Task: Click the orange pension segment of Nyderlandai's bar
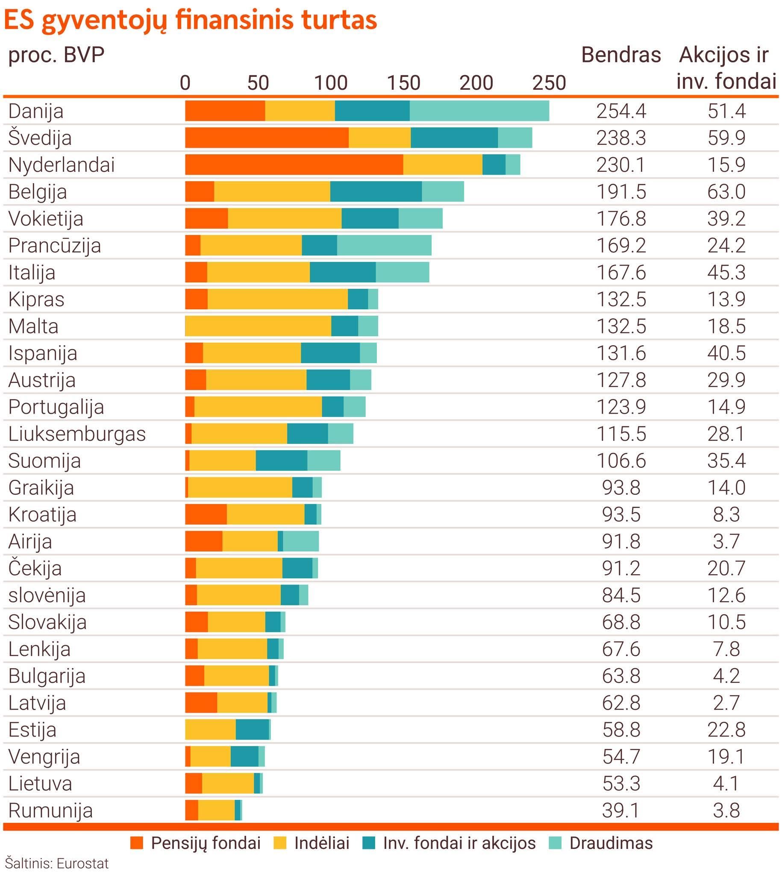click(x=294, y=165)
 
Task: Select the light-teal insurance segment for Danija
click(x=479, y=111)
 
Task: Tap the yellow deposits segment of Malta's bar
click(x=258, y=326)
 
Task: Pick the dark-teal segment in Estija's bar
click(x=252, y=729)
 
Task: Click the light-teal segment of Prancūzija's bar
click(x=384, y=245)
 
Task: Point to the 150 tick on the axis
click(x=403, y=83)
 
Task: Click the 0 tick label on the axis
click(x=185, y=83)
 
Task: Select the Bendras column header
click(x=621, y=55)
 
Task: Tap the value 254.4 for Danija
click(x=621, y=111)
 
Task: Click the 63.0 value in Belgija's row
click(x=726, y=191)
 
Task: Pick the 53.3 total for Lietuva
click(x=621, y=784)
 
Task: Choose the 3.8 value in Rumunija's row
click(x=726, y=810)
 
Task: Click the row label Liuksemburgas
click(x=77, y=434)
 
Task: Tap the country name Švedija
click(x=40, y=138)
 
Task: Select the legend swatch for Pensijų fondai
click(x=137, y=843)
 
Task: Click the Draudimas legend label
click(x=611, y=843)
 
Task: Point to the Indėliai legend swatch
click(x=280, y=843)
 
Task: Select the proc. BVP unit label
click(x=56, y=55)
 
